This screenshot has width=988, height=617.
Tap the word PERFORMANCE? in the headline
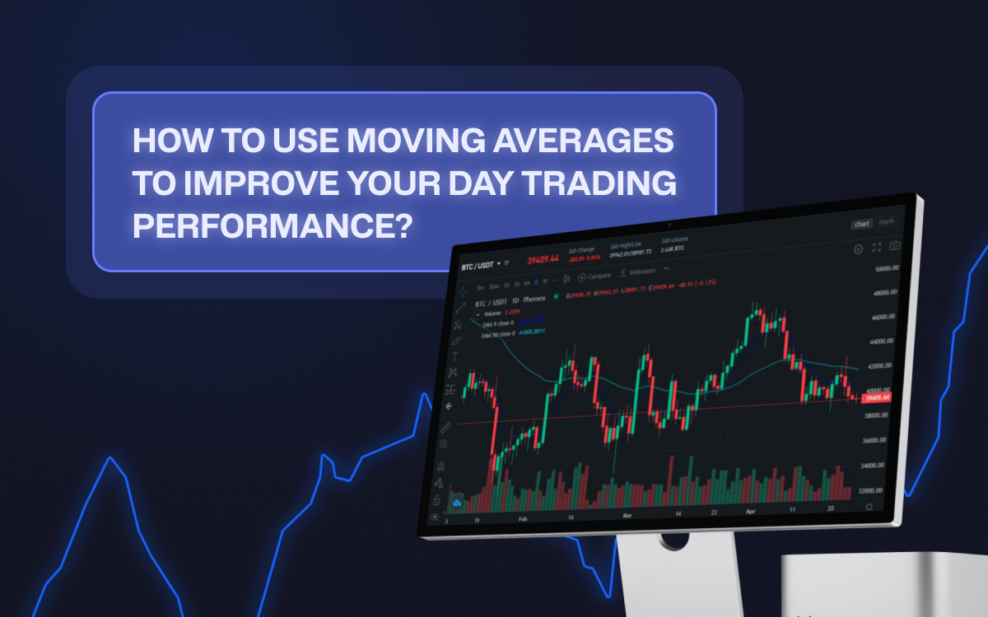pos(271,225)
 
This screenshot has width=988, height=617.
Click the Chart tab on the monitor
pos(861,224)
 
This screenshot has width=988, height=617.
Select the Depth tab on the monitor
pos(886,222)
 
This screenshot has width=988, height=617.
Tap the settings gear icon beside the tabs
pos(859,248)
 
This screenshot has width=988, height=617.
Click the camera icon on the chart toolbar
pos(895,246)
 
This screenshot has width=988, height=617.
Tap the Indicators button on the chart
pos(639,271)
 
